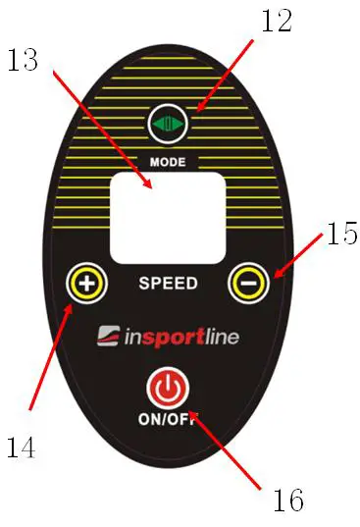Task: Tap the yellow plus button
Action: [86, 285]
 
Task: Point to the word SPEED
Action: [168, 284]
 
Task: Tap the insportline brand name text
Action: [181, 338]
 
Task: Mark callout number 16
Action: [286, 500]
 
